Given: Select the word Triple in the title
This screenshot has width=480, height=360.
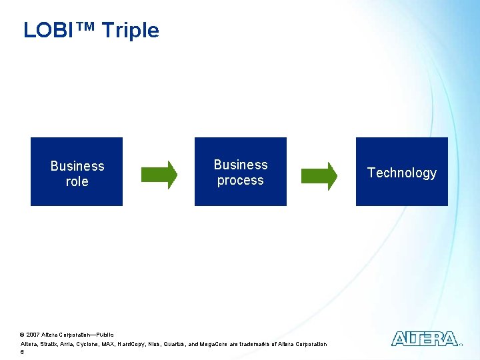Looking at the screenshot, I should pos(131,30).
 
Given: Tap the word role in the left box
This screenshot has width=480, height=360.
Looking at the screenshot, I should pos(77,181).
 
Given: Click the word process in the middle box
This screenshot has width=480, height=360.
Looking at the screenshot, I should pos(240,180).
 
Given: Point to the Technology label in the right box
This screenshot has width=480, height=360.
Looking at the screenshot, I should pos(402,173).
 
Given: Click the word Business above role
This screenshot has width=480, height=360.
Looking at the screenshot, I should pos(77,166).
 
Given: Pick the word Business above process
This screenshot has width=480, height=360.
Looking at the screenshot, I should pos(240,165).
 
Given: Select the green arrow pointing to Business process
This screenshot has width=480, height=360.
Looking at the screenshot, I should pos(159,175).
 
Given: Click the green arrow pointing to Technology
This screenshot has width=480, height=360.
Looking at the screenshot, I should pos(319,175).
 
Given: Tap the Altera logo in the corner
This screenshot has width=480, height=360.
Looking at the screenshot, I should pos(425,339).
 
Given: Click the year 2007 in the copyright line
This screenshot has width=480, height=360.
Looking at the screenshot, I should pos(33,334).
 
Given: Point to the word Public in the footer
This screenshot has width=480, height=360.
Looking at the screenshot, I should pos(105,334).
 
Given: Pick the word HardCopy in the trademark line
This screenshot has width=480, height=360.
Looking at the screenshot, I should pos(133,344).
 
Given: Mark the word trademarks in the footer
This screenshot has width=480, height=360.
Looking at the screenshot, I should pos(257,344).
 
